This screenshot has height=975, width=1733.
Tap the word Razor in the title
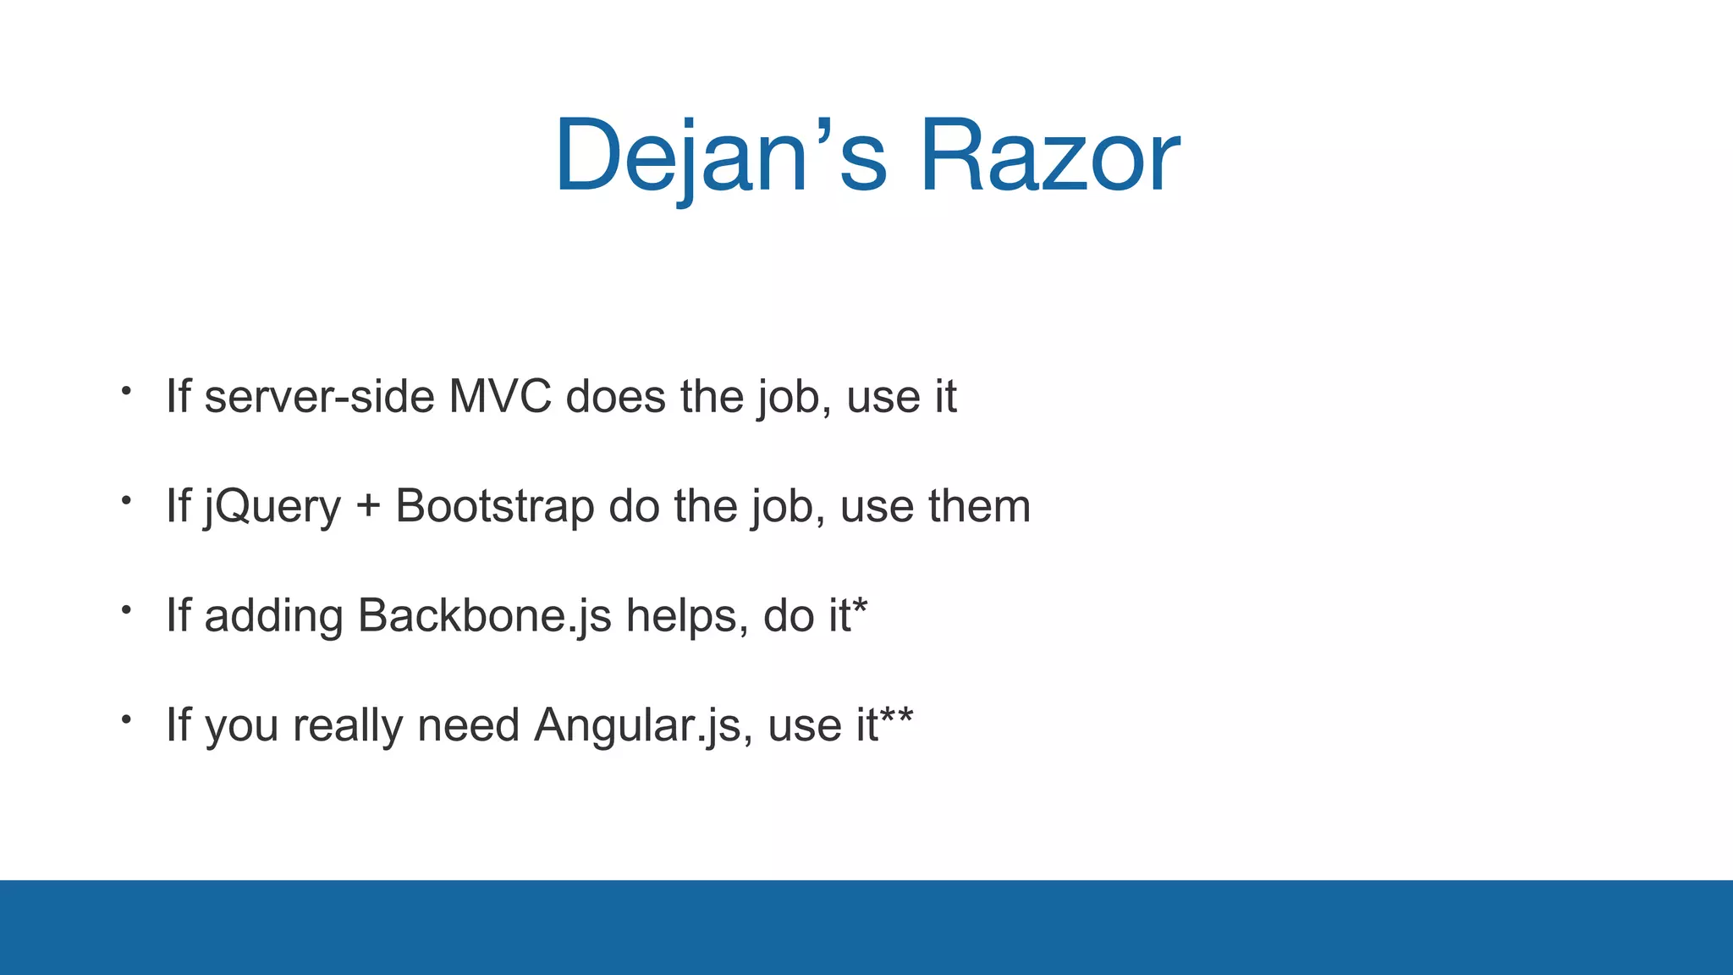(1049, 157)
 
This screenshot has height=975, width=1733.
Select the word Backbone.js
(484, 615)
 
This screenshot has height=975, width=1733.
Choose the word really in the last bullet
(348, 726)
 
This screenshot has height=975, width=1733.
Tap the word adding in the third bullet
(273, 616)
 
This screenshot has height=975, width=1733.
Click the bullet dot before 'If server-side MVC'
(126, 391)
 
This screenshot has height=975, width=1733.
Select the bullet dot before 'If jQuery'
(126, 500)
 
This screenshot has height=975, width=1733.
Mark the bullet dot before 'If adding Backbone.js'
(126, 609)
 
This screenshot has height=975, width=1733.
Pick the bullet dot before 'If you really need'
(126, 719)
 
